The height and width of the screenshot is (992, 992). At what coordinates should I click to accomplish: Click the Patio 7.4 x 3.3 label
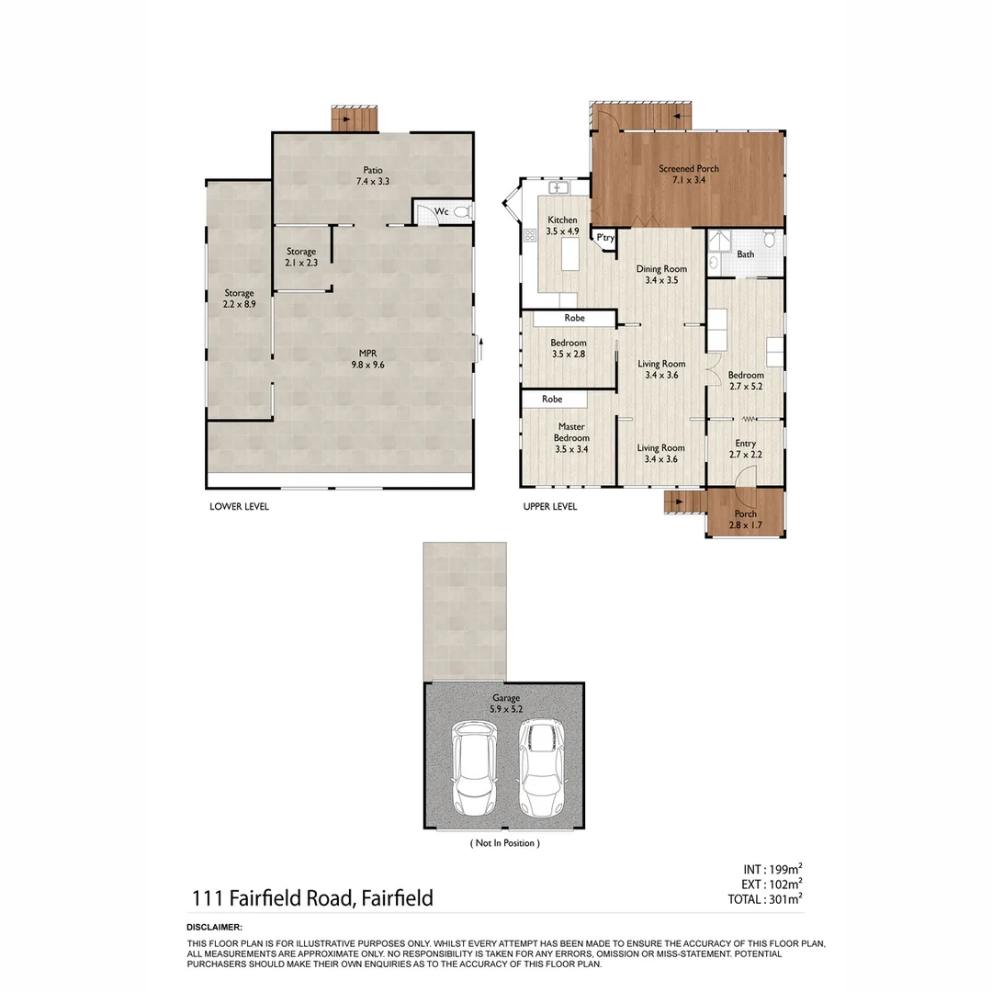point(372,175)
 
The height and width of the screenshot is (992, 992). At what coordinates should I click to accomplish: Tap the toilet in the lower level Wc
point(461,212)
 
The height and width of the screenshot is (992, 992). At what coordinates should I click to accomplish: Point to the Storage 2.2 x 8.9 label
point(239,299)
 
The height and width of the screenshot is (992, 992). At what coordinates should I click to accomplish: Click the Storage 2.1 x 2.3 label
point(300,257)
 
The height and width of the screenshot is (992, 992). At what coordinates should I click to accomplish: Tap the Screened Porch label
point(688,174)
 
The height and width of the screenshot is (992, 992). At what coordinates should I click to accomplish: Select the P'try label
point(604,238)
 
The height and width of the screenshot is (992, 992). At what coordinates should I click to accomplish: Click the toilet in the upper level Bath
point(769,241)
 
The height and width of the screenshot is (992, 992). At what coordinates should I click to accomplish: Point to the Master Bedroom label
point(570,437)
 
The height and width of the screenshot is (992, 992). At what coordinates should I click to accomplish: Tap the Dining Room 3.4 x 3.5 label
point(662,275)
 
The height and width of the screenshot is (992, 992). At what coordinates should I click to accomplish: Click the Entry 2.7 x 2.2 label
point(745,448)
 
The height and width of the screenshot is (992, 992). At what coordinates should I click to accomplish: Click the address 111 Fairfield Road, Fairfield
point(311,897)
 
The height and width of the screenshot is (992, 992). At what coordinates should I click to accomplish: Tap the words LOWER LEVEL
point(239,506)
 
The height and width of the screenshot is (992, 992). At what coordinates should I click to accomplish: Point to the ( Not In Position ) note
point(504,842)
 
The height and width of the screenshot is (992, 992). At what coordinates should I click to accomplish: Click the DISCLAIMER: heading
point(214,928)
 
